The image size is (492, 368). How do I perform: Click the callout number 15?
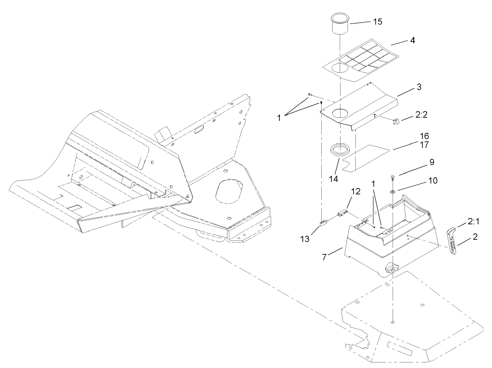(x=377, y=22)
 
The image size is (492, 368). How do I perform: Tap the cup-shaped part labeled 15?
(x=340, y=24)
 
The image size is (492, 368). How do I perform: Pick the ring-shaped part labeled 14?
(x=340, y=150)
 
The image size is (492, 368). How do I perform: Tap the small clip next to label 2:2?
(x=395, y=121)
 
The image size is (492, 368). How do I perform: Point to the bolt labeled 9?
(x=392, y=178)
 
